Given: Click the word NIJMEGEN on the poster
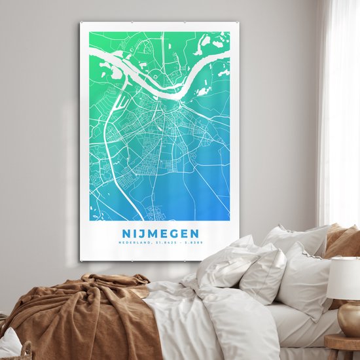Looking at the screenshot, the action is tap(160, 234).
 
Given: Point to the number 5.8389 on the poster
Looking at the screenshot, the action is tap(192, 243).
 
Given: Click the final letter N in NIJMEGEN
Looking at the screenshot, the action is tap(195, 234).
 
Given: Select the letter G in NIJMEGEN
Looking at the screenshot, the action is tap(175, 234).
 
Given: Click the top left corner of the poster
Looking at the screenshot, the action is tap(81, 23).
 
